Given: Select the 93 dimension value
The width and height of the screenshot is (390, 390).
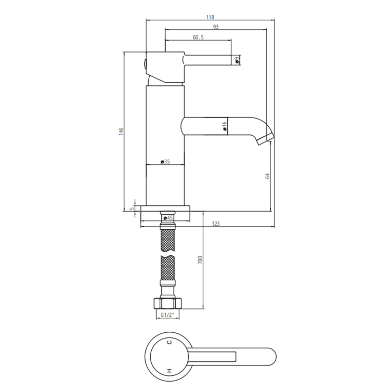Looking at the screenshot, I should tap(215, 27).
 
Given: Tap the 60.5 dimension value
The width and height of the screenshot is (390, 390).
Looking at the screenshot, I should tap(198, 37).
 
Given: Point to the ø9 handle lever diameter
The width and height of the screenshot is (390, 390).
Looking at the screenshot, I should tap(237, 60).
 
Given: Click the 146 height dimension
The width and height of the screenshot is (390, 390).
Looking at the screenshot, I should tap(121, 131).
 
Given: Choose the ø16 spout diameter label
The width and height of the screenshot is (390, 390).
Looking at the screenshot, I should tap(224, 126).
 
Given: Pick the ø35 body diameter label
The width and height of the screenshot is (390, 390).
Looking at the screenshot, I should tap(166, 162).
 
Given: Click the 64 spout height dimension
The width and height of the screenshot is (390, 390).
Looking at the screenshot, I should tap(267, 176).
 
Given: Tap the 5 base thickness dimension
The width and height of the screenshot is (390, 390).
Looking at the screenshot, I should tap(133, 209).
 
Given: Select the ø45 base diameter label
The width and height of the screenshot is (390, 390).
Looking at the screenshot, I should tap(166, 218).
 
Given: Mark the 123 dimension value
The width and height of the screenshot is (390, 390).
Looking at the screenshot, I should tap(216, 224).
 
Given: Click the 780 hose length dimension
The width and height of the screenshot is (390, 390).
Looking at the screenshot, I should tap(199, 259).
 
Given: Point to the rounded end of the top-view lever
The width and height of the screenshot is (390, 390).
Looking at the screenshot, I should tap(272, 356).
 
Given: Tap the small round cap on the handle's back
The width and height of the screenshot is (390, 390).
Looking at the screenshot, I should tap(145, 64).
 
